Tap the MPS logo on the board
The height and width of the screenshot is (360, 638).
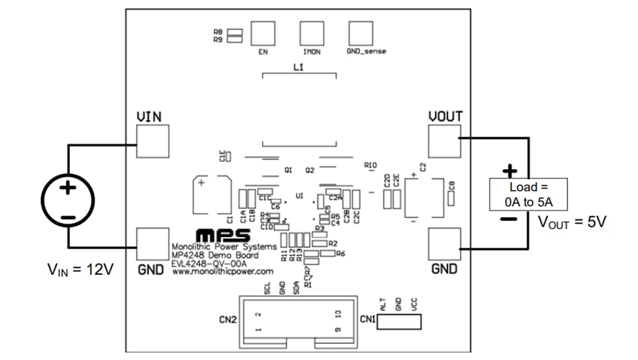point(223,236)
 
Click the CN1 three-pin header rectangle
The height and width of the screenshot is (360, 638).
point(400,322)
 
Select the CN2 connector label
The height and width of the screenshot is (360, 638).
point(227,320)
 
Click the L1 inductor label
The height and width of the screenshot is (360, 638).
point(299,68)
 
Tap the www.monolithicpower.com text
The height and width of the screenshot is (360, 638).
point(222,271)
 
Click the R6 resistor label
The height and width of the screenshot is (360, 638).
point(340,254)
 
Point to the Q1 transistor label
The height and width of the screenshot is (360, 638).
point(288,171)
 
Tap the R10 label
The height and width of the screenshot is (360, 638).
point(371,165)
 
